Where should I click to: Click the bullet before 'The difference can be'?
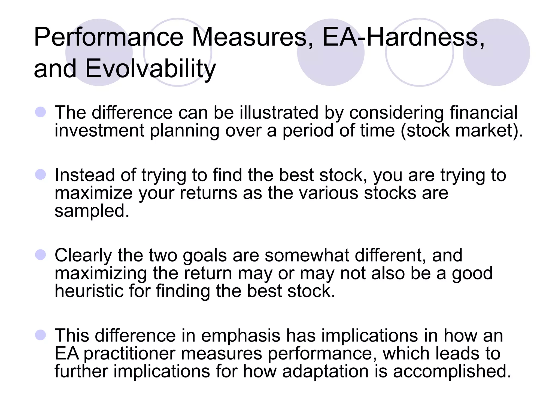click(x=41, y=112)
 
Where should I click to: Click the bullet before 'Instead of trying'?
click(x=41, y=174)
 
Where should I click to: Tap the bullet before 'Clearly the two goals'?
click(x=41, y=255)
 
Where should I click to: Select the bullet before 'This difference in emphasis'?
click(x=41, y=335)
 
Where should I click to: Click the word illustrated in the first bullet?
click(x=279, y=112)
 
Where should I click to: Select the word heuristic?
click(x=89, y=291)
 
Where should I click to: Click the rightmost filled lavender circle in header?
click(x=496, y=52)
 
